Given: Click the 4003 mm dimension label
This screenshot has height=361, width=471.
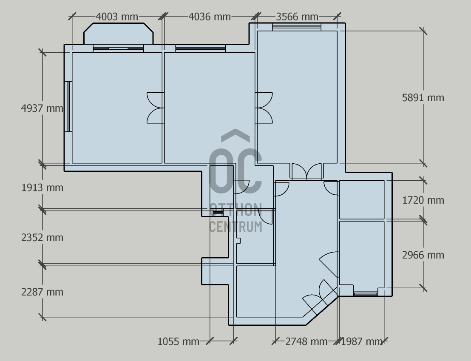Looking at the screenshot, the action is (117, 17).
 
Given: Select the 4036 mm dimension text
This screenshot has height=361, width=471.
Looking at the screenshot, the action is (210, 17).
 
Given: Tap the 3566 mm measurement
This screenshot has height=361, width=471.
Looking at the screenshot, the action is (297, 17).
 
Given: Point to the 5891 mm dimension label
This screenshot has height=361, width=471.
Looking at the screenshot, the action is (423, 98).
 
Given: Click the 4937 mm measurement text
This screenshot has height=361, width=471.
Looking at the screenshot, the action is (42, 108).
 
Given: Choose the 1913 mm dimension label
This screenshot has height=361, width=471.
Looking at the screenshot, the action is (42, 188).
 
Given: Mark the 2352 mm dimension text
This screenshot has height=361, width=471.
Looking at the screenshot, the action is (42, 238).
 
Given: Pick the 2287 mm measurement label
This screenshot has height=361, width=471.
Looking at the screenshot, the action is (42, 292).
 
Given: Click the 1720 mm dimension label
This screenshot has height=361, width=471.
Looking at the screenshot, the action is (423, 200).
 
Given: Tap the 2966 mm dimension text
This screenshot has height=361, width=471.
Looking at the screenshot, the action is (423, 255).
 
